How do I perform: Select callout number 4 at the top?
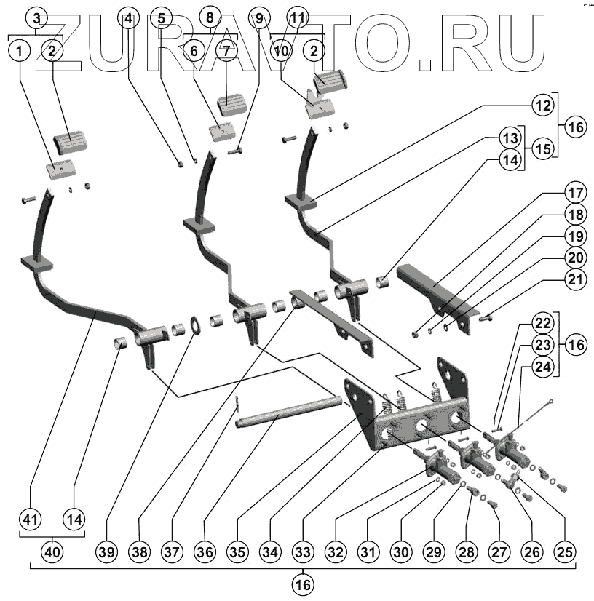pos(129,20)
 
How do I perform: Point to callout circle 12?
pos(541,106)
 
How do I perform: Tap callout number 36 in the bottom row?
pos(205,554)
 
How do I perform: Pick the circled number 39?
pos(107,554)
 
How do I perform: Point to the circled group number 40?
pos(51,554)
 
